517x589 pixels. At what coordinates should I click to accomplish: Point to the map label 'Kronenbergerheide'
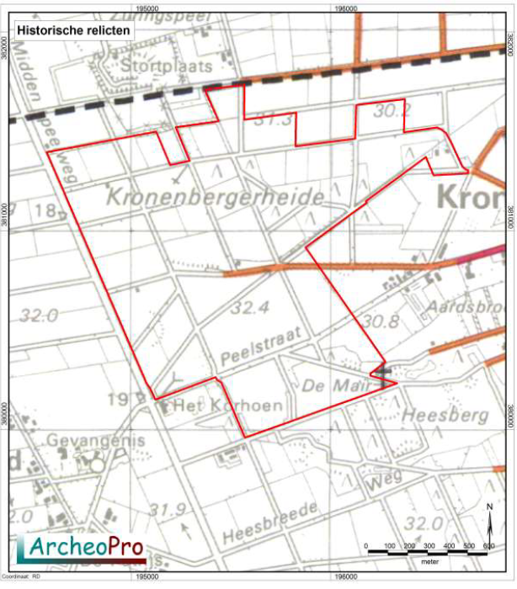(216, 198)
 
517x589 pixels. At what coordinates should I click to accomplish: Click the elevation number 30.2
(392, 109)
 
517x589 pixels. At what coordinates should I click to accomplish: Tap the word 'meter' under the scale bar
(429, 557)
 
